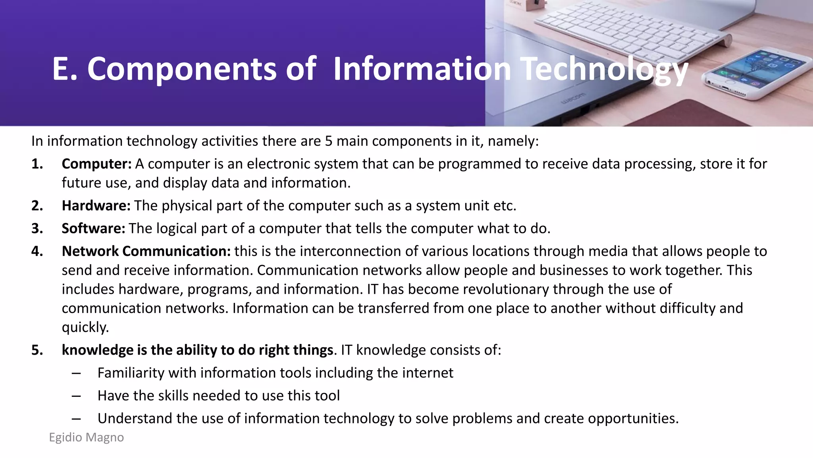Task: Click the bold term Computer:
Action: tap(96, 164)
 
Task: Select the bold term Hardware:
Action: tap(96, 206)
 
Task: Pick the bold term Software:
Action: tap(93, 229)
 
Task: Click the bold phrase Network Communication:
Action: tap(146, 251)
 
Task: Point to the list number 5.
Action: tap(37, 350)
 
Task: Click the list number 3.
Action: tap(37, 229)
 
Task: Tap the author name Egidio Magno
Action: tap(86, 437)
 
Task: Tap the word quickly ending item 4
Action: tap(85, 328)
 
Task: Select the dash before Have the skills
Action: tap(77, 396)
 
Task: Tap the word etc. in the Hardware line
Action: tap(505, 206)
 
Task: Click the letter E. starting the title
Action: tap(64, 70)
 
